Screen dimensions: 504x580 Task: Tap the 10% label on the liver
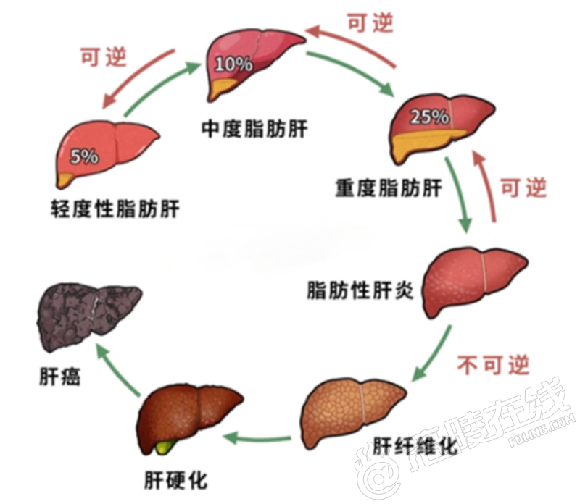(x=233, y=64)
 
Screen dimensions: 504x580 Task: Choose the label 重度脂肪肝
(x=389, y=189)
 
